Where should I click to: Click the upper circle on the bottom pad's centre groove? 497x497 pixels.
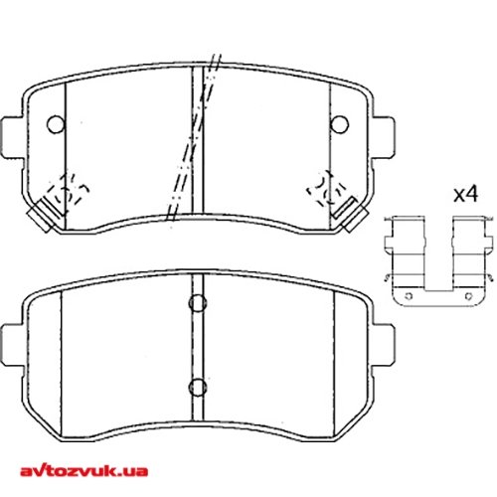tap(196, 304)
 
